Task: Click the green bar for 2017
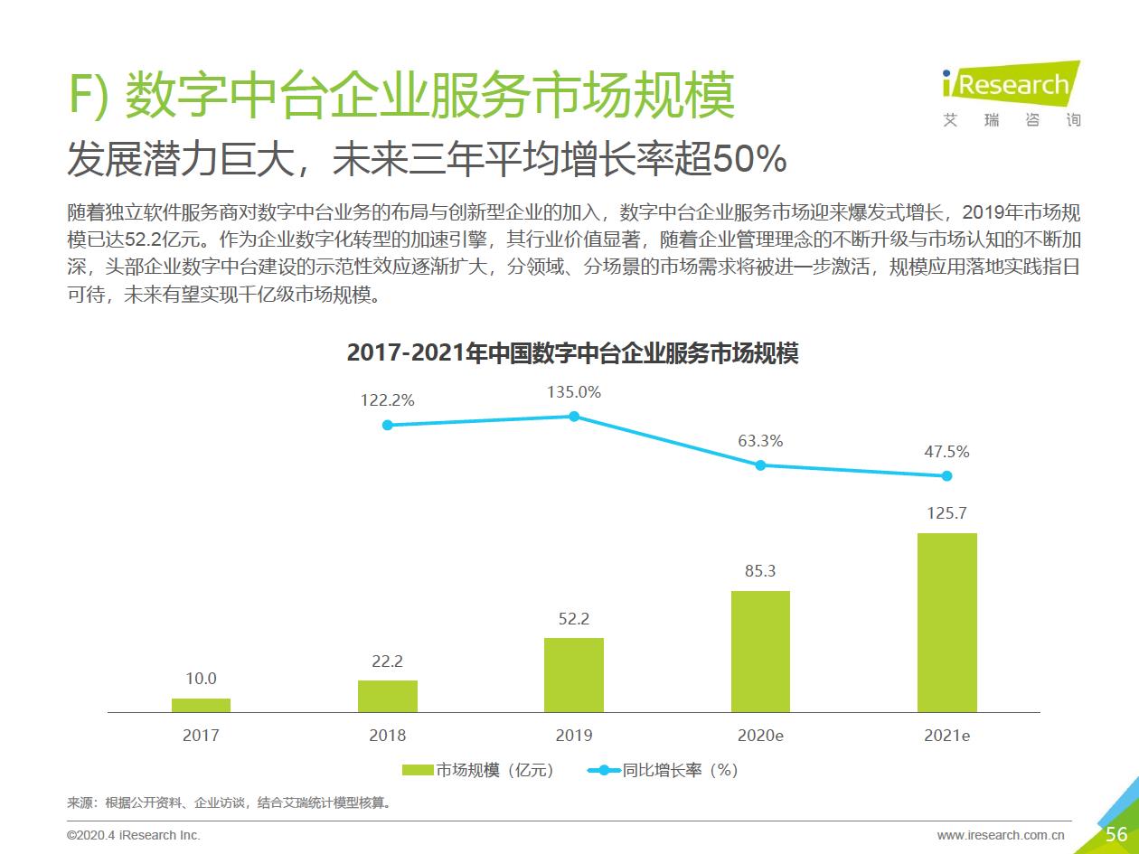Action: click(x=201, y=705)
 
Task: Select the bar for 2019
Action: click(x=574, y=675)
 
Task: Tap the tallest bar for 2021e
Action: click(x=946, y=623)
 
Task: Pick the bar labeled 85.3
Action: click(x=760, y=652)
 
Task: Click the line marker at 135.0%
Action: click(x=574, y=417)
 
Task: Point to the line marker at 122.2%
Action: click(x=388, y=425)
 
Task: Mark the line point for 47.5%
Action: click(x=946, y=475)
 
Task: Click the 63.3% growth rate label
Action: click(x=760, y=441)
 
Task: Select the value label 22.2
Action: click(x=387, y=662)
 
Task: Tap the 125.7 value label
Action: click(x=946, y=513)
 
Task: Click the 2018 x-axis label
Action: click(x=387, y=736)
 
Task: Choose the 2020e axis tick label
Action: click(x=760, y=736)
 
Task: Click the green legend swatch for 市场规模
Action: click(x=418, y=770)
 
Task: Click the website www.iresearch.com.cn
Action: click(x=1001, y=835)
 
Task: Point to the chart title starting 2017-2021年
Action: click(x=572, y=353)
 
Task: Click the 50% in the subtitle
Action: click(x=749, y=160)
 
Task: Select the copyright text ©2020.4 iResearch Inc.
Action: click(x=134, y=835)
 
